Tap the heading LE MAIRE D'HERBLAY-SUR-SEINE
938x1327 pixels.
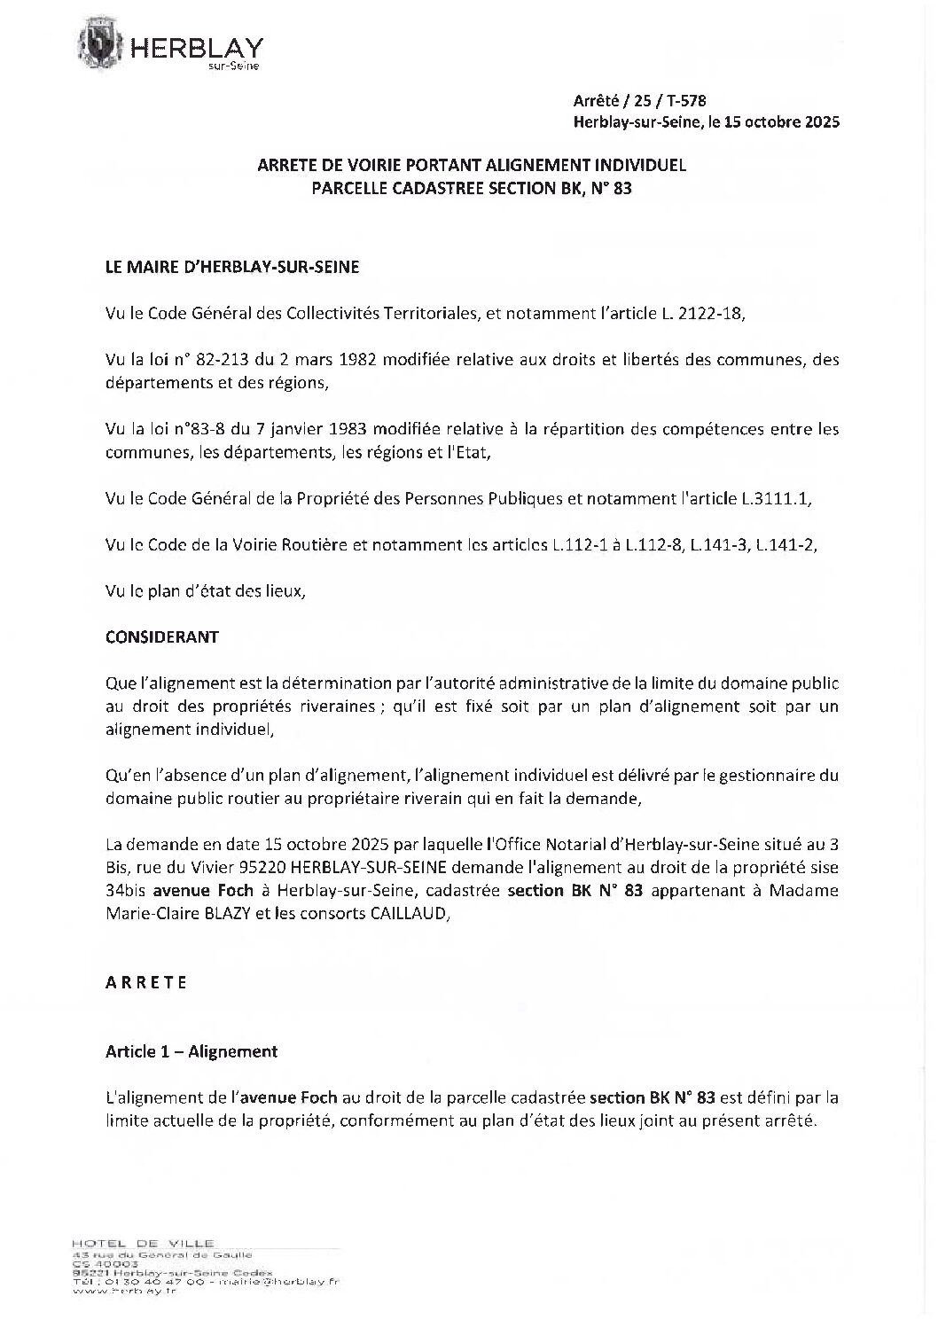232,267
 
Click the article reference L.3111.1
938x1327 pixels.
776,499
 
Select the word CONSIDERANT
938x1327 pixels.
162,637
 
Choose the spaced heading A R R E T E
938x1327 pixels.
146,982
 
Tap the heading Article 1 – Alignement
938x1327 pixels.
192,1051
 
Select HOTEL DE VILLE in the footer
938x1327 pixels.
145,1244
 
